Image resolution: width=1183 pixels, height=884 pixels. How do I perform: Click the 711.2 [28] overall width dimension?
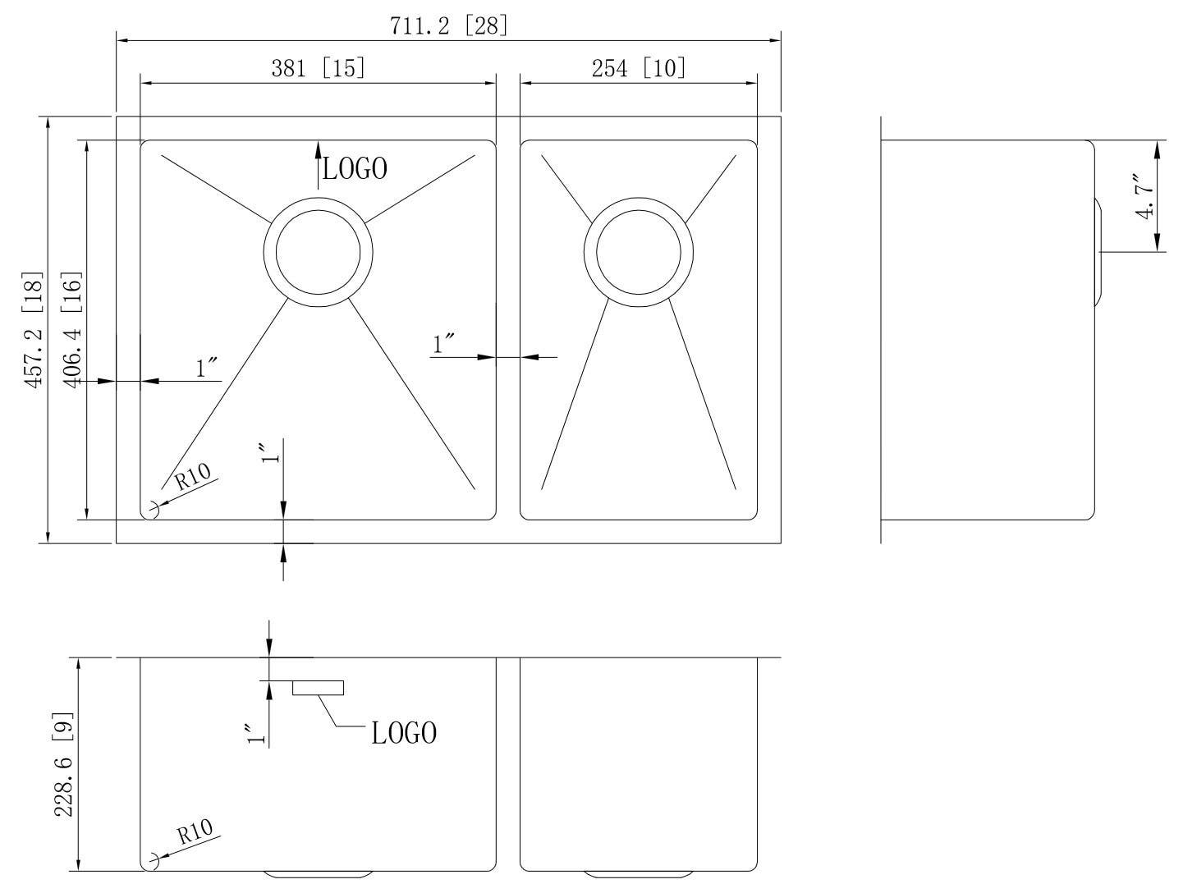click(448, 25)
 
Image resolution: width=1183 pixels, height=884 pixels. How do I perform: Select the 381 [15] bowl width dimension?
click(318, 67)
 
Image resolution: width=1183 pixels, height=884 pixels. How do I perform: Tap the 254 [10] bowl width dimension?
click(638, 67)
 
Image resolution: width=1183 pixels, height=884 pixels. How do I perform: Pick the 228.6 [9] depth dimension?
click(65, 764)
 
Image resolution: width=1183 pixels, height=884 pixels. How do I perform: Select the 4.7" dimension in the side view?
click(1143, 195)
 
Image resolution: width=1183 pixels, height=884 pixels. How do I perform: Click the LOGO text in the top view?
click(355, 169)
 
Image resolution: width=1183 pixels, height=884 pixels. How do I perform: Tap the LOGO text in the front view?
click(404, 733)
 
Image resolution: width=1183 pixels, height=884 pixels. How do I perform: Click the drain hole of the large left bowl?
click(318, 252)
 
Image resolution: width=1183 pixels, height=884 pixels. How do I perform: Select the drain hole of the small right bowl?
click(638, 252)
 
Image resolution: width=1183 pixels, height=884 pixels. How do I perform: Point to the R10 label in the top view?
click(193, 476)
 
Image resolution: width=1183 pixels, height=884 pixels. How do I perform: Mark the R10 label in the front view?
click(195, 832)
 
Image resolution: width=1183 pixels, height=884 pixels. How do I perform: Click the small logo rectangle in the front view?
click(318, 688)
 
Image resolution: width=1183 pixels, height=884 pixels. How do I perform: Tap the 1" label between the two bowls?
click(444, 344)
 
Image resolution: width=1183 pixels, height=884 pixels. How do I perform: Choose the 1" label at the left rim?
click(207, 369)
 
